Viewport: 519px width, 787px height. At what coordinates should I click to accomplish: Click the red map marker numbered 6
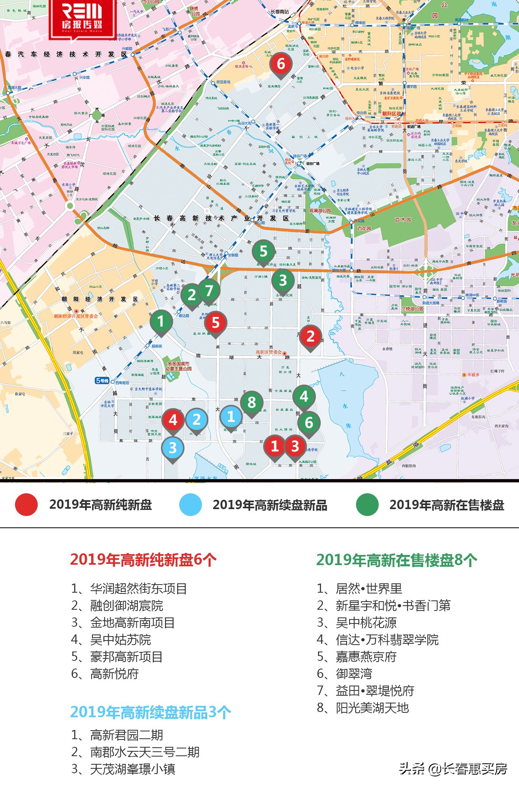281,64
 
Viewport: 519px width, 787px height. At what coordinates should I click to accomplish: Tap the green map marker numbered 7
209,290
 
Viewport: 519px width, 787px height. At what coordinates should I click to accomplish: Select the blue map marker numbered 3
173,448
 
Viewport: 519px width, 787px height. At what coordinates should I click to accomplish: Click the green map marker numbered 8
252,402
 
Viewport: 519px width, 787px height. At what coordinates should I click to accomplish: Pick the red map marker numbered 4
173,420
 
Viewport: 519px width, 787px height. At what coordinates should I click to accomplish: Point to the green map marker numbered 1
161,321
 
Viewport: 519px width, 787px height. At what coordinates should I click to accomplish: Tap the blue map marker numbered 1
231,417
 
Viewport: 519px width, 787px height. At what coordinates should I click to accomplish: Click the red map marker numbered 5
216,323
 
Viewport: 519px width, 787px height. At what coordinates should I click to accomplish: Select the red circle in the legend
26,505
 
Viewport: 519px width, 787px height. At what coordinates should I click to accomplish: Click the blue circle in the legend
191,505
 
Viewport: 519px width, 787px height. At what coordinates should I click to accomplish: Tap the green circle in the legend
367,505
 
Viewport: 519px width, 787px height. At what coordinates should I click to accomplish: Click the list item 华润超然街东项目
129,589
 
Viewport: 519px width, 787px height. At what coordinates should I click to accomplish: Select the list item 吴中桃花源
357,623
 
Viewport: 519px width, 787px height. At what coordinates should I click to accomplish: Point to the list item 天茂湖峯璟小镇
124,769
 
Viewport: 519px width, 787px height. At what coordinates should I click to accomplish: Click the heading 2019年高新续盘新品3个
150,712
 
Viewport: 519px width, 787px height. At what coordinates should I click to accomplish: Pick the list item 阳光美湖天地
363,708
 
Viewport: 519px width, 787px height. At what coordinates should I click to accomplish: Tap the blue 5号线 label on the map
102,381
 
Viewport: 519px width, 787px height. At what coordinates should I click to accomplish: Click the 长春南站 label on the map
280,12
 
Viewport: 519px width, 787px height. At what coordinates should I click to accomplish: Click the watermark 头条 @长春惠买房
453,768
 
